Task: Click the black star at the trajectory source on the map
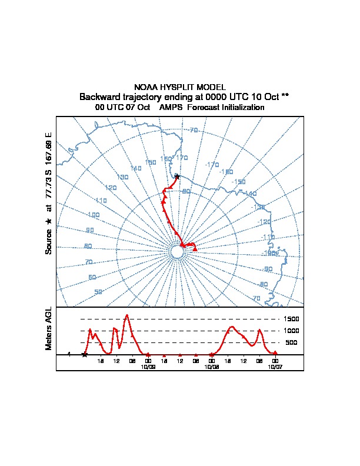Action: click(x=177, y=176)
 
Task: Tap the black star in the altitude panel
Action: click(x=85, y=354)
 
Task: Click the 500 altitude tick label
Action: click(x=291, y=342)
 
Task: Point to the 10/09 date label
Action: click(x=148, y=366)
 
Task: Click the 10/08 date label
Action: click(x=211, y=366)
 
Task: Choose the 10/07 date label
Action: click(x=275, y=366)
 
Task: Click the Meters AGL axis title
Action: click(x=49, y=329)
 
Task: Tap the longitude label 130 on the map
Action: click(x=122, y=177)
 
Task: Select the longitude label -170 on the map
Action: click(x=211, y=165)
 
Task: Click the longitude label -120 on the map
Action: click(x=265, y=222)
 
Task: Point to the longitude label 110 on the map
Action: click(x=101, y=201)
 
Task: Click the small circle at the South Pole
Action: click(x=177, y=252)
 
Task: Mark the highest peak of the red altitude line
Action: click(x=126, y=315)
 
